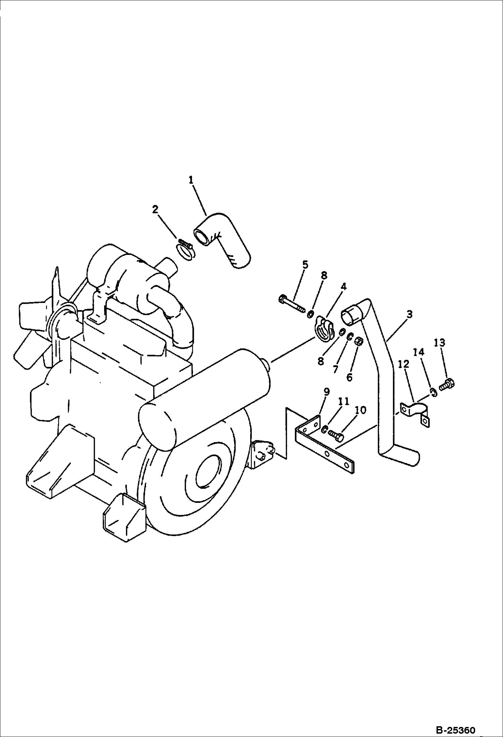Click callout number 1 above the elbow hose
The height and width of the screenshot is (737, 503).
191,180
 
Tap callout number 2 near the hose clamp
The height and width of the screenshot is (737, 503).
155,210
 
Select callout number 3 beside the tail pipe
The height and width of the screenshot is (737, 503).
409,315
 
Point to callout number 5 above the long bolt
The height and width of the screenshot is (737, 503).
305,265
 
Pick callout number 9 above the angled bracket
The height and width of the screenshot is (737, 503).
326,392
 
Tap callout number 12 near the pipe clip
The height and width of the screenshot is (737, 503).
404,364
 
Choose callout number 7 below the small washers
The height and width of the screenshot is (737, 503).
335,369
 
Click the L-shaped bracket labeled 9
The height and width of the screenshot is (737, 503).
324,444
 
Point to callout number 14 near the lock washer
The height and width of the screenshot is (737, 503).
419,352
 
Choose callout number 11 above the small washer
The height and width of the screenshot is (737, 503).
344,401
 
